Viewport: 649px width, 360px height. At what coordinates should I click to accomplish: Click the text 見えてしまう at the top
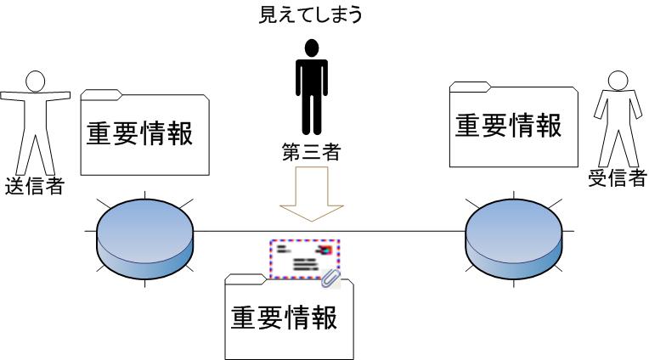[x=310, y=15]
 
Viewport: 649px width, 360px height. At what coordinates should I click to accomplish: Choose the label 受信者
[x=617, y=178]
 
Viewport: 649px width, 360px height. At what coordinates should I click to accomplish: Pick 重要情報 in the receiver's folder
[x=508, y=126]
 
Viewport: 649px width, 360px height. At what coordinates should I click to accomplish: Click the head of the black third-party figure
[x=310, y=48]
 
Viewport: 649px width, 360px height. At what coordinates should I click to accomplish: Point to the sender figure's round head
[x=33, y=81]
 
